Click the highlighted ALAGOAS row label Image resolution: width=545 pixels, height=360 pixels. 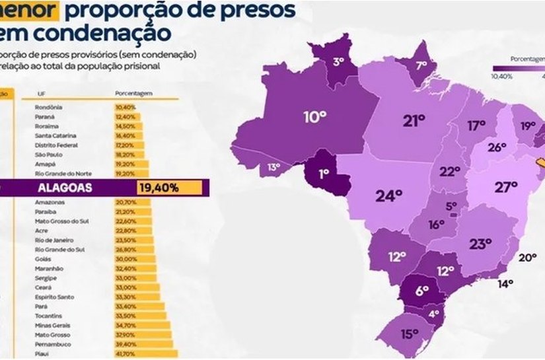(x=64, y=188)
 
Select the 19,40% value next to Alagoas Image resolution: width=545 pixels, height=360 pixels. (x=159, y=188)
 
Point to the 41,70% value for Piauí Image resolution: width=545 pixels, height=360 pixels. (x=124, y=353)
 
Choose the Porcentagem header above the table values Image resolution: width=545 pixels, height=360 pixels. (x=133, y=94)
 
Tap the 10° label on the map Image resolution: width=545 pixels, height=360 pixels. (x=315, y=118)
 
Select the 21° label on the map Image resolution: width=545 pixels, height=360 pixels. (x=414, y=120)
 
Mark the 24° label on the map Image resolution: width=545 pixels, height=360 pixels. (x=389, y=196)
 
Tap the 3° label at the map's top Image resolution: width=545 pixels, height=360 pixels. (x=339, y=62)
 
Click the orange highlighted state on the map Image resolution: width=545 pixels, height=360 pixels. (x=539, y=161)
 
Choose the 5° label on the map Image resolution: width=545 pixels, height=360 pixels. (x=451, y=206)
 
